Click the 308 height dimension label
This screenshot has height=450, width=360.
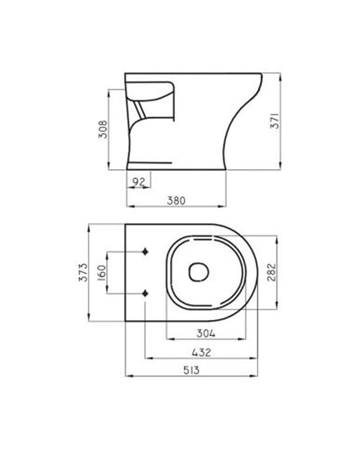[x=100, y=131]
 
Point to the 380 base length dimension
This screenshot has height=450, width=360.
[x=177, y=200]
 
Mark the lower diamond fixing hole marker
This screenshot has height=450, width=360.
[x=147, y=293]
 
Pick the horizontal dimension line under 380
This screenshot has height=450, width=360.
[x=177, y=208]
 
